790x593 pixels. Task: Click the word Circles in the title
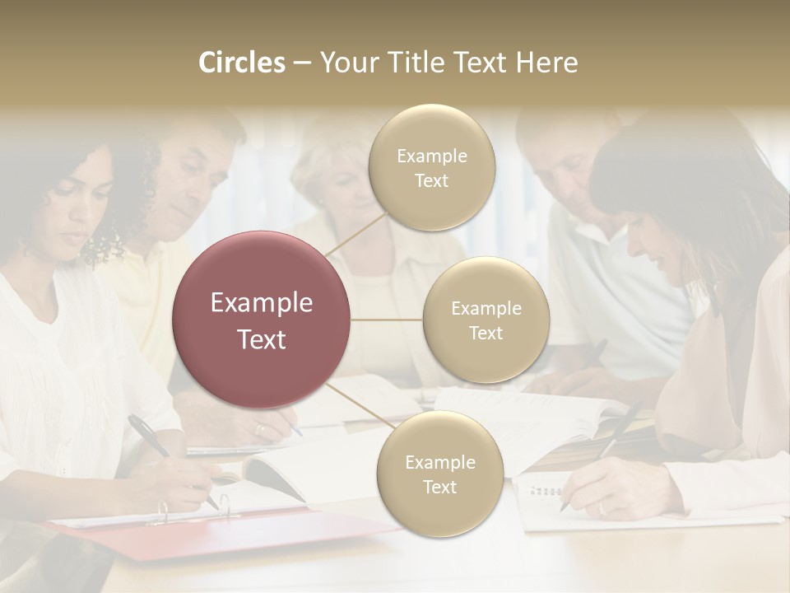point(241,63)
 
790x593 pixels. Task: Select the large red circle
point(262,320)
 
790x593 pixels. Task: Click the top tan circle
point(431,168)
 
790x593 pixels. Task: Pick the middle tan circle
point(486,320)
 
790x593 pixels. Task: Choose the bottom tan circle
point(439,474)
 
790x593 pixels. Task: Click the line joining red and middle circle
point(387,320)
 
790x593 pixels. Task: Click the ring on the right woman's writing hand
point(601,508)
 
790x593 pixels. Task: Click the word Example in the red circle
point(262,303)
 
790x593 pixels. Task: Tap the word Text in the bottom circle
point(439,487)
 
